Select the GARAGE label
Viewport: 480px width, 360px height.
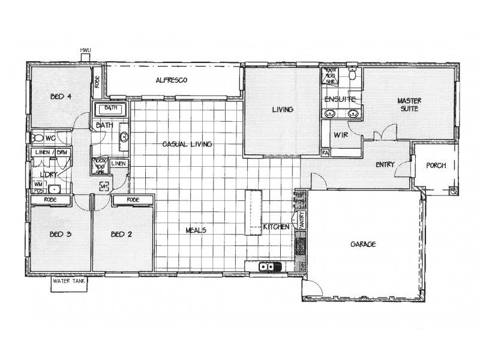(364, 244)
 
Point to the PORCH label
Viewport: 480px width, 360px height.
(436, 166)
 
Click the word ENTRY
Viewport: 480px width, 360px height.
(385, 164)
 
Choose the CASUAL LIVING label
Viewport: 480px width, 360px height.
(187, 144)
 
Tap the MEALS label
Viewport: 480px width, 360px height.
(196, 229)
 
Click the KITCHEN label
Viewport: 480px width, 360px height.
(277, 227)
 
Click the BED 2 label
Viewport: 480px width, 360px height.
(121, 235)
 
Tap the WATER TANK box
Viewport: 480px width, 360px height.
(68, 281)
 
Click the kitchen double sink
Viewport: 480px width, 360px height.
(268, 267)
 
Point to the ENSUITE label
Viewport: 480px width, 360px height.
(340, 99)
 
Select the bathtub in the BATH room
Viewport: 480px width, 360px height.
(111, 109)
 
